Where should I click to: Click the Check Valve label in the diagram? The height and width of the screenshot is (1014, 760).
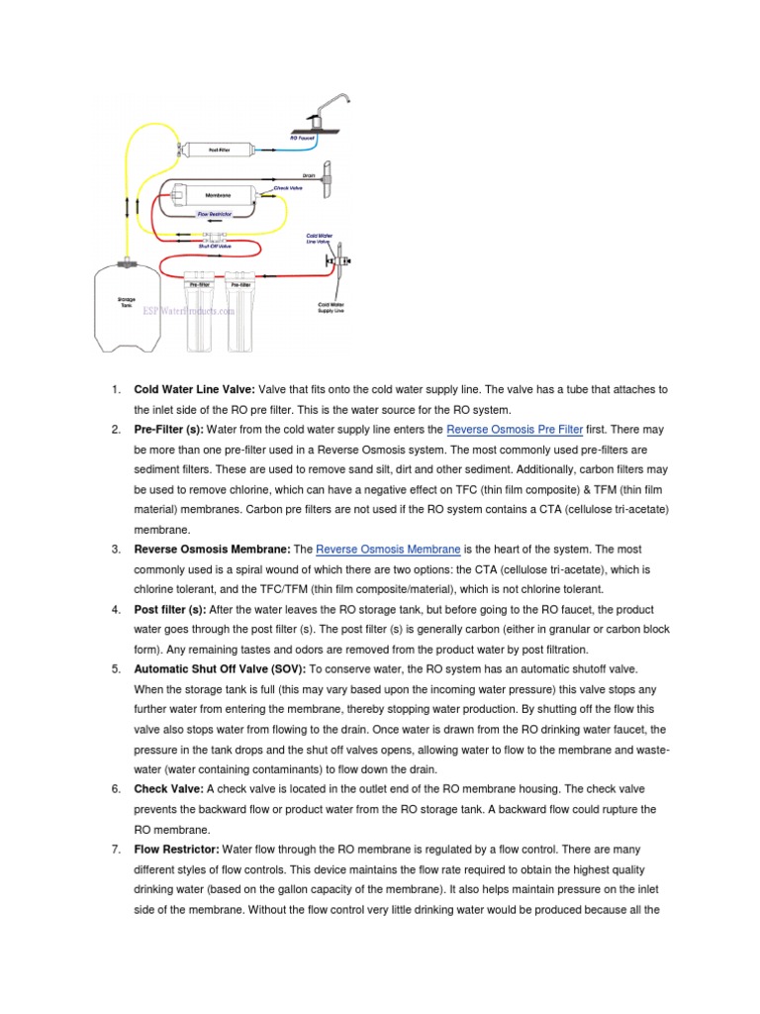[x=287, y=186]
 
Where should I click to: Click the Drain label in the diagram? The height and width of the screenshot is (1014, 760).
[x=308, y=175]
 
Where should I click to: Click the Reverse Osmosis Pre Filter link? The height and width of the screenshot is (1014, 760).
[x=515, y=430]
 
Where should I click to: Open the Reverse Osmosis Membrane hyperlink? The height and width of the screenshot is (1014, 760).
[x=388, y=550]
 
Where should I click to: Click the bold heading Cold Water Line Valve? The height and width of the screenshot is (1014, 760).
[x=195, y=390]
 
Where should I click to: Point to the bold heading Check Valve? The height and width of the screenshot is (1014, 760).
[x=167, y=789]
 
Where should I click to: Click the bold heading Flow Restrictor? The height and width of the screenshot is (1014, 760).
[x=176, y=850]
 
